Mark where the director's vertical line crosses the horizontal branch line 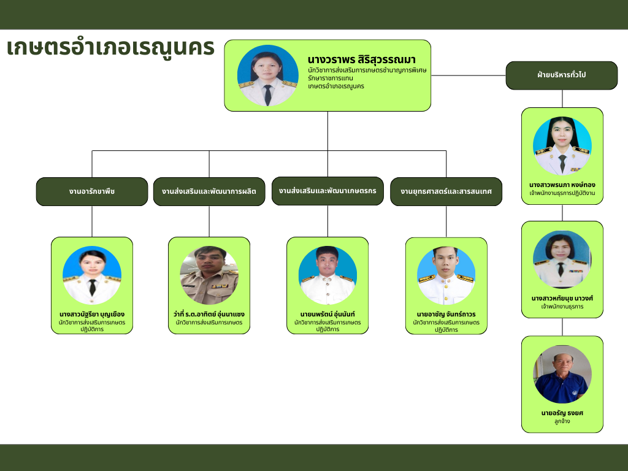coord(327,151)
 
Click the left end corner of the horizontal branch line coord(92,151)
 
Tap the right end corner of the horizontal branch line coord(446,151)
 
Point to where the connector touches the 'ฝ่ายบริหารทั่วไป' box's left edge coord(506,75)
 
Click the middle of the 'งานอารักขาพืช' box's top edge coord(92,177)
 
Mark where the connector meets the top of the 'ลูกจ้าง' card coord(562,336)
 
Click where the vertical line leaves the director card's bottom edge coord(327,112)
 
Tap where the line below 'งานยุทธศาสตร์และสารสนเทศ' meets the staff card coord(446,237)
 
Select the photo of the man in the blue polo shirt coord(562,375)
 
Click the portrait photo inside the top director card coord(267,75)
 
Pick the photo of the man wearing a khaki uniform coord(209,275)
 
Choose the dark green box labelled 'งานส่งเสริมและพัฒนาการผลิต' coord(209,191)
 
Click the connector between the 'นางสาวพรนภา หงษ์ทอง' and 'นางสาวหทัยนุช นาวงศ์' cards coord(562,213)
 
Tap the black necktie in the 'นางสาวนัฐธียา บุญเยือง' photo coord(93,287)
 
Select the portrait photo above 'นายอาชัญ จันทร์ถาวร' coord(446,275)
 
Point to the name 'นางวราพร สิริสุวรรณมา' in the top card coord(362,59)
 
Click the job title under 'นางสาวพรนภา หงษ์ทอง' coord(562,193)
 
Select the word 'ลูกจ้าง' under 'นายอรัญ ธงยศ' coord(562,421)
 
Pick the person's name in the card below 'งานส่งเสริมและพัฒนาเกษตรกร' coord(327,315)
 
